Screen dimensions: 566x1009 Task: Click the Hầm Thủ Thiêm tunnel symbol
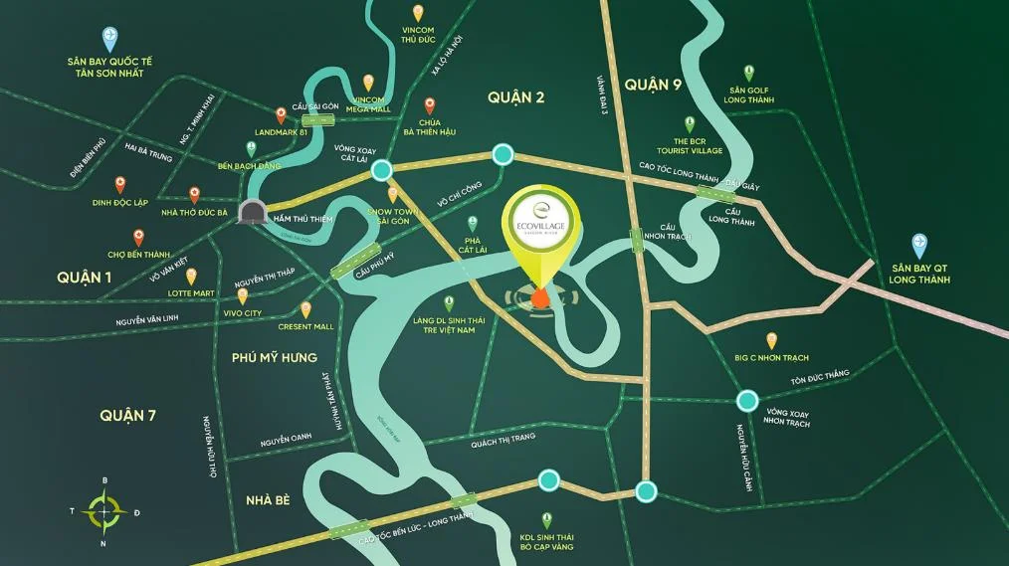tap(253, 211)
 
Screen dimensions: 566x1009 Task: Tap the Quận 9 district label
tap(653, 85)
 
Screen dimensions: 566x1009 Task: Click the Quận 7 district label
tap(127, 416)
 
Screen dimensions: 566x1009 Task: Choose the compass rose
tap(103, 511)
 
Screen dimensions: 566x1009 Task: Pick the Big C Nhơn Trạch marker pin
tap(771, 340)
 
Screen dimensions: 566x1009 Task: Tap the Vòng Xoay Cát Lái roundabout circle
tap(381, 171)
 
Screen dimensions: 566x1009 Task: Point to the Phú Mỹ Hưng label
tap(274, 357)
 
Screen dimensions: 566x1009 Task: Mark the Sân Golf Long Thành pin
tap(748, 73)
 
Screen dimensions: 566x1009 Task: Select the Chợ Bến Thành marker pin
tap(138, 238)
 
